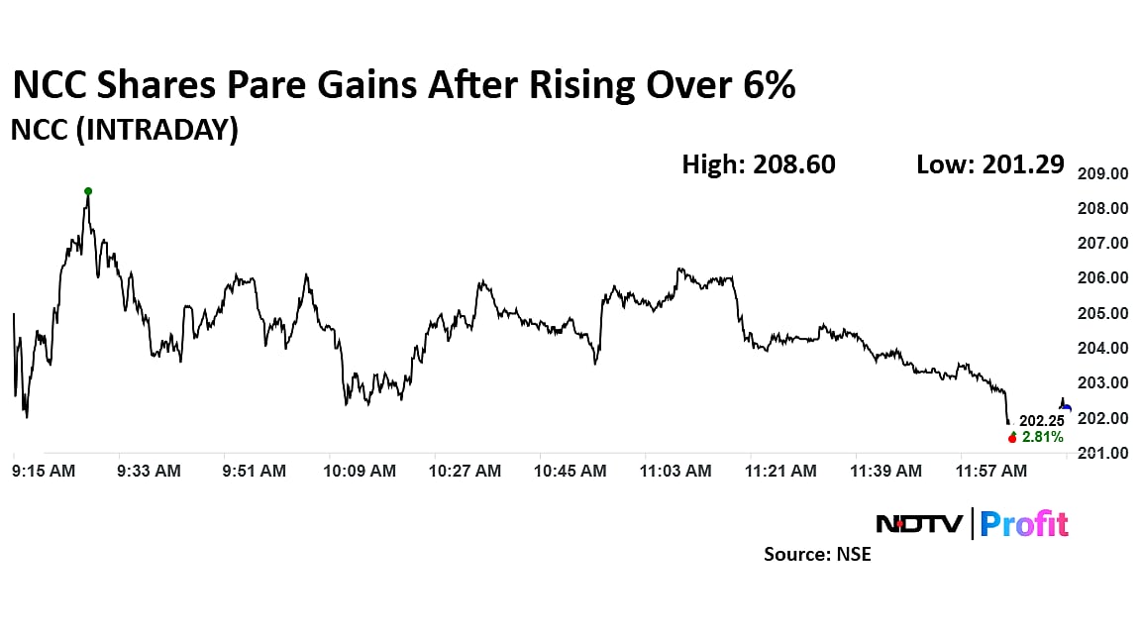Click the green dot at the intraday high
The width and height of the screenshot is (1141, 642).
pos(88,191)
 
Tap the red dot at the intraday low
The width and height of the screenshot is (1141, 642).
pos(1012,438)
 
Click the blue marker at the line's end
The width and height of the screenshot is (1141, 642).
pos(1066,407)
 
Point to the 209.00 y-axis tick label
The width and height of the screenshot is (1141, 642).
pos(1102,173)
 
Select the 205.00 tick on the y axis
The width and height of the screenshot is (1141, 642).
pos(1102,313)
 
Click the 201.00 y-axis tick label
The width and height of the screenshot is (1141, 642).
pos(1102,454)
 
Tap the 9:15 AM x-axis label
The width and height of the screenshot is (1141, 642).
pos(44,472)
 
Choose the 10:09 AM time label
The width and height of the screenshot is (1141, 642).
pos(360,472)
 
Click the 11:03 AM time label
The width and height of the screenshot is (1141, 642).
pos(675,472)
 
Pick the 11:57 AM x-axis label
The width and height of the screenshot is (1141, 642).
pos(991,472)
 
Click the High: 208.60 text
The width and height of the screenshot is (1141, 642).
pos(759,164)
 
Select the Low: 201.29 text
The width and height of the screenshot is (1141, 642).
pos(990,164)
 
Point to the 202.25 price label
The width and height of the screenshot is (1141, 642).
pos(1042,421)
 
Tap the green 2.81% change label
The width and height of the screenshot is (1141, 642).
pos(1043,438)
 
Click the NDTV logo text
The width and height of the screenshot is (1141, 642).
pos(918,523)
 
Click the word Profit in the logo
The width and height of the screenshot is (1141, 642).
pos(1024,523)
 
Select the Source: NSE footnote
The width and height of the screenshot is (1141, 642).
pos(817,555)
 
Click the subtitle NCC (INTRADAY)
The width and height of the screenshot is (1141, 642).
pos(125,130)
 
